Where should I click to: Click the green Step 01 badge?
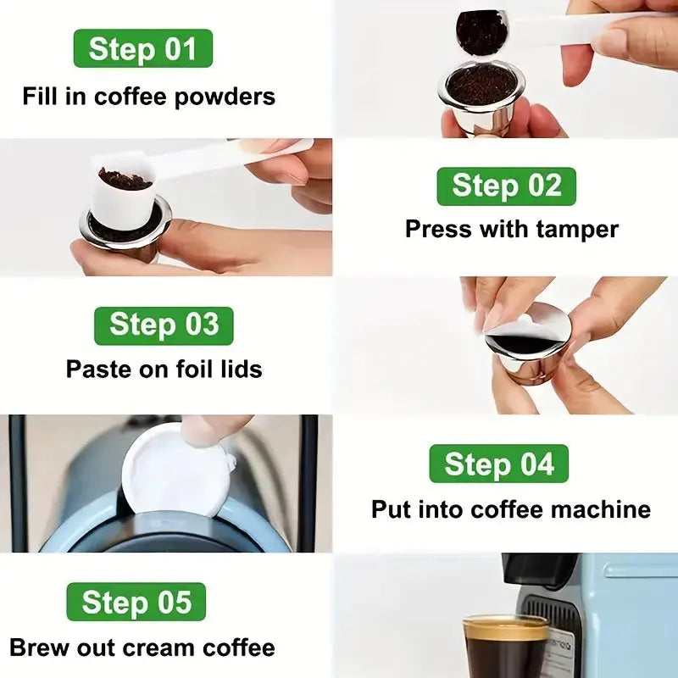pos(143,48)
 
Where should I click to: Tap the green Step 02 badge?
pos(506,186)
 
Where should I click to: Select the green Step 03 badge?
pos(164,325)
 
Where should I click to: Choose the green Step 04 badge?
pos(499,464)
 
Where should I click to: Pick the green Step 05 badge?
pos(136,602)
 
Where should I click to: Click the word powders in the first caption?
pos(225,97)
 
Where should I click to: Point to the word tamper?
pos(577,231)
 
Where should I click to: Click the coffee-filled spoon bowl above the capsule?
pos(481,34)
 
